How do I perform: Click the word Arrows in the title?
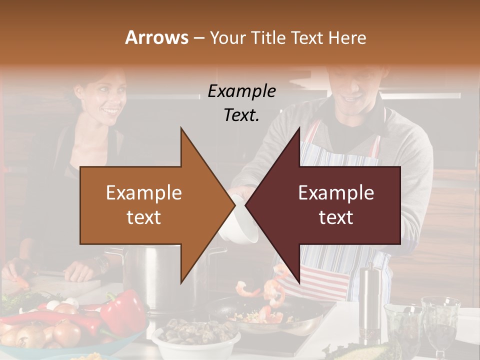(x=156, y=37)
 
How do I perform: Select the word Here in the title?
(x=348, y=37)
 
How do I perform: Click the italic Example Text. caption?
(x=242, y=103)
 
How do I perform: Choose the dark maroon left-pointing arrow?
(x=330, y=205)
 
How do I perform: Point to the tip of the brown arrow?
(x=233, y=205)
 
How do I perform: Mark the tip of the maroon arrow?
(x=246, y=205)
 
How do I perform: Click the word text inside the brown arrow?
(x=143, y=217)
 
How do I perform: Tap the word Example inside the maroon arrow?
(x=336, y=192)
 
